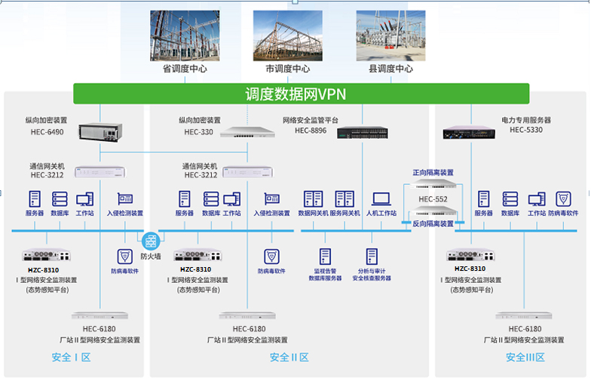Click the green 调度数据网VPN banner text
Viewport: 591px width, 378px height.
(295, 94)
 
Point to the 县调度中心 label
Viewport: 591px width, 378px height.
(390, 69)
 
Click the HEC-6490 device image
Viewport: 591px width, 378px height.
(100, 134)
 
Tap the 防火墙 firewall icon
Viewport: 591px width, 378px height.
(151, 241)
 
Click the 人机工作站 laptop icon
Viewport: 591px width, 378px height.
(381, 199)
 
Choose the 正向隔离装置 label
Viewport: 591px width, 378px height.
(433, 173)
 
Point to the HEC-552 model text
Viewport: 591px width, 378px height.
(433, 199)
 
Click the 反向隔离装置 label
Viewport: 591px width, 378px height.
(433, 223)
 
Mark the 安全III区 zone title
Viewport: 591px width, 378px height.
(525, 357)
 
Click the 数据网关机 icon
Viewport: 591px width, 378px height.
(313, 199)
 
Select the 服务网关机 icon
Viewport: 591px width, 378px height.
(344, 199)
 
